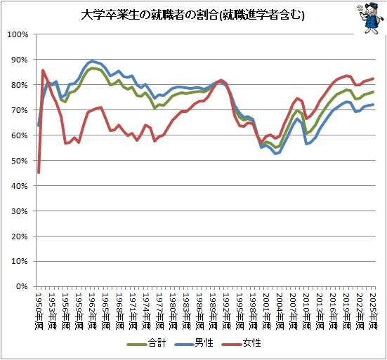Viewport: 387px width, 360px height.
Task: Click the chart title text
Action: [x=192, y=15]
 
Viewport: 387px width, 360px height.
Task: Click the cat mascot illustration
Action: [x=369, y=18]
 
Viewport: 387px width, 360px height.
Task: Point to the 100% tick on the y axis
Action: [x=18, y=34]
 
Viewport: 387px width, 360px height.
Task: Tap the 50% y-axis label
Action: [x=19, y=161]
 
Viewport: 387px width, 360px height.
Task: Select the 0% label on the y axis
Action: [x=22, y=286]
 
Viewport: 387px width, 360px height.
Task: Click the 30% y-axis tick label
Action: [x=19, y=211]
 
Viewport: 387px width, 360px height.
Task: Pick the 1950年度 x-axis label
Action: [x=39, y=311]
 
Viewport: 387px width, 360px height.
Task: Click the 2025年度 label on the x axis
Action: [x=373, y=311]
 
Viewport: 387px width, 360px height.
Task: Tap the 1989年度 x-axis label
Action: [x=213, y=311]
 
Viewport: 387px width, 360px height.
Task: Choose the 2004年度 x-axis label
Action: [x=280, y=311]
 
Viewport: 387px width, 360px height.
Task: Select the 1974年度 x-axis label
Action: [x=146, y=311]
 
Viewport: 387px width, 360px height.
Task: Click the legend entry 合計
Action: [x=146, y=343]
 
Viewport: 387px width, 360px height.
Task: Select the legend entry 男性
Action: [x=194, y=343]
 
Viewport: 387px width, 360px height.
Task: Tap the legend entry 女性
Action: [x=241, y=343]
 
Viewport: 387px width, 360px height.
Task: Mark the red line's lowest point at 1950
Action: [x=39, y=173]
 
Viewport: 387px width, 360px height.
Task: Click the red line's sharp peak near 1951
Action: [x=43, y=70]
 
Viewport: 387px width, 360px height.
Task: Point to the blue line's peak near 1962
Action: [x=92, y=61]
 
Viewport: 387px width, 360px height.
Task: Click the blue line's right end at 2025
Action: [x=373, y=105]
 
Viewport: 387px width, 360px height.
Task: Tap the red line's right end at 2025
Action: [x=373, y=79]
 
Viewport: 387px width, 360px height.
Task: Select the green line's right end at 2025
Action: [x=373, y=92]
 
